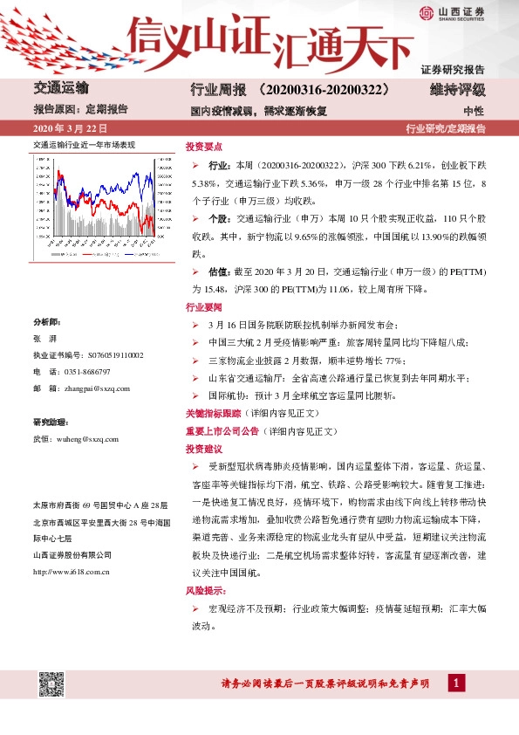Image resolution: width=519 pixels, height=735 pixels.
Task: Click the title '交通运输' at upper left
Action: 61,88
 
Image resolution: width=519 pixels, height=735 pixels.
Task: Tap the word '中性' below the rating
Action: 474,111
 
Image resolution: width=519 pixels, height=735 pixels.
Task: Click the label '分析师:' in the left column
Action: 45,322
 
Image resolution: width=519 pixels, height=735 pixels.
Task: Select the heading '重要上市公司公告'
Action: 215,430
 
